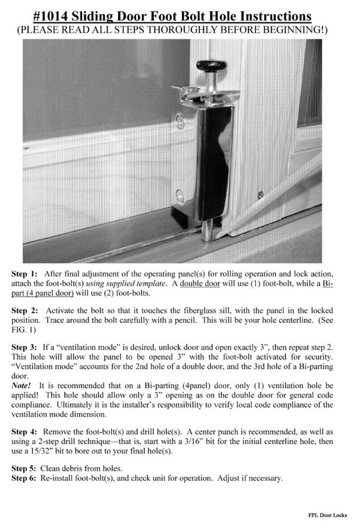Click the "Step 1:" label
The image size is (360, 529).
click(25, 273)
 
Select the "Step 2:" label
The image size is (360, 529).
click(25, 310)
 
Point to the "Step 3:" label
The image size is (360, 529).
click(25, 348)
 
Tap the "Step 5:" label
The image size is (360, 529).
click(25, 468)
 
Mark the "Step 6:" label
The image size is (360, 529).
click(25, 478)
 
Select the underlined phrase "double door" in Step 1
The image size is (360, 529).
click(199, 283)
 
